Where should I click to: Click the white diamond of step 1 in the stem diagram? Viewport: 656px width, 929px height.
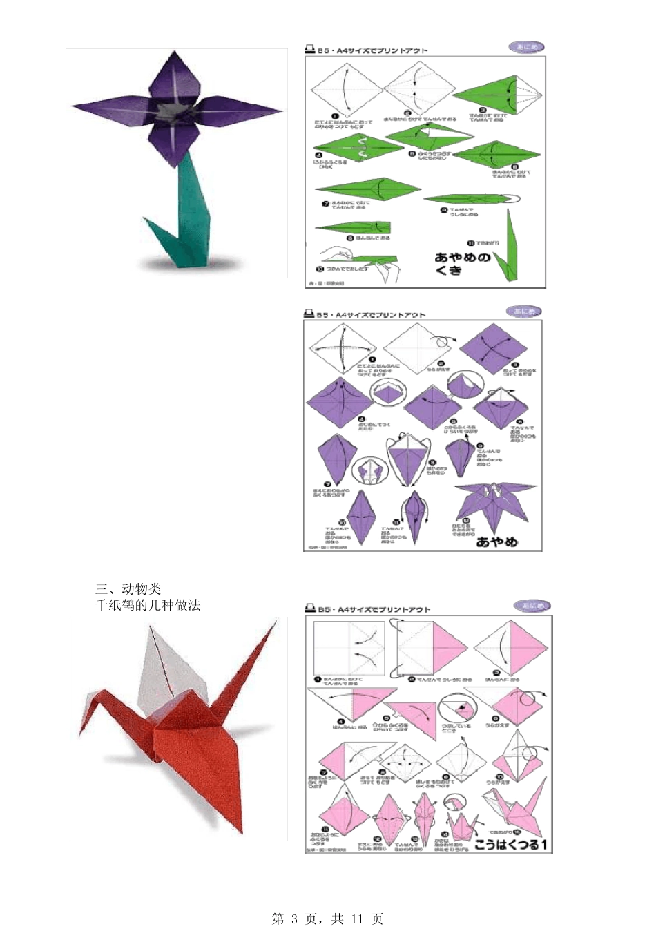pos(346,90)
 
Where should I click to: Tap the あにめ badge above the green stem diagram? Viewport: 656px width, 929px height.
pos(526,47)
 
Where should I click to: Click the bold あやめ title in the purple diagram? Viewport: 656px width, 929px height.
pos(497,542)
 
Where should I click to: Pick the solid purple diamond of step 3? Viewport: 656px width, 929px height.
pos(493,349)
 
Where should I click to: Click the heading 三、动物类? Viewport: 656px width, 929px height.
pos(128,588)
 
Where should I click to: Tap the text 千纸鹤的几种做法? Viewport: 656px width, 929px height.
pos(148,605)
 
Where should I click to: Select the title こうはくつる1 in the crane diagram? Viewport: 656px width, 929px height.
pos(510,844)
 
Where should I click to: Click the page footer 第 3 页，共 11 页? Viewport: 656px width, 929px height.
pos(328,919)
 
